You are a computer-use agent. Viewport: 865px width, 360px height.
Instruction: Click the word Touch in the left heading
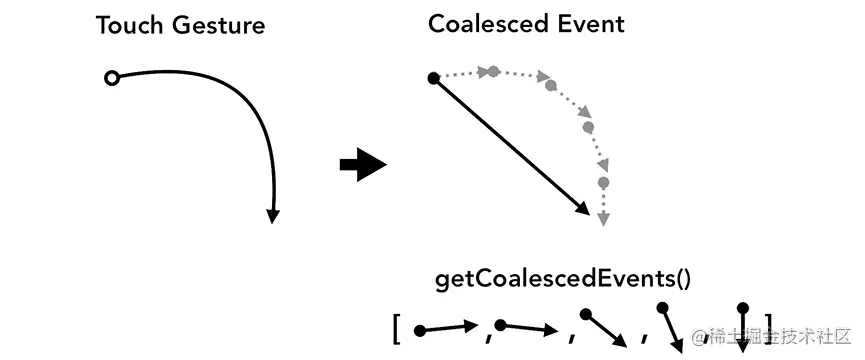coord(128,25)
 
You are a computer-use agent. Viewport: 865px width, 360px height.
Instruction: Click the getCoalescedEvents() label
coord(563,278)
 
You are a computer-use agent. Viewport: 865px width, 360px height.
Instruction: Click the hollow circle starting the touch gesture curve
coord(112,78)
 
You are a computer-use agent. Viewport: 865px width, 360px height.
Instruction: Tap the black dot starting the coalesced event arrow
coord(433,77)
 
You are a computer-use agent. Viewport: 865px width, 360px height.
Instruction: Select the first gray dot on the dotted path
coord(493,71)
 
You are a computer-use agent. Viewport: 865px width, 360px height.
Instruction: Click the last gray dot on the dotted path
coord(603,182)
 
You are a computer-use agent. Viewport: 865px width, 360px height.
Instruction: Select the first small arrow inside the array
coord(446,327)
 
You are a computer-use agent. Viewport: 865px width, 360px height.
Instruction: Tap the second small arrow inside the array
coord(527,326)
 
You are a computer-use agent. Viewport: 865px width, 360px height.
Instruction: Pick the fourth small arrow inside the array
coord(670,326)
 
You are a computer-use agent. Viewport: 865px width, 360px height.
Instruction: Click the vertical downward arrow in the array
coord(742,327)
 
